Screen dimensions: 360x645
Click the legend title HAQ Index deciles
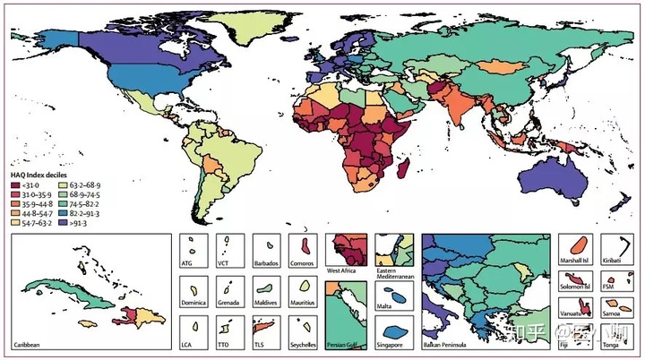tap(40, 175)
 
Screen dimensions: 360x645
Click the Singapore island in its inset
tap(395, 328)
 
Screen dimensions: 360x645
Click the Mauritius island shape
tap(306, 287)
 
